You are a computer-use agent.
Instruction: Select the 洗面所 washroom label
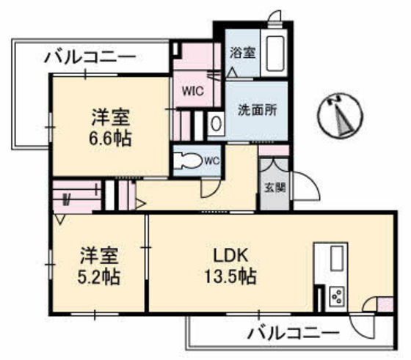pyautogui.click(x=257, y=111)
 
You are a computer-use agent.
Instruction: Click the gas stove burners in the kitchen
pyautogui.click(x=338, y=296)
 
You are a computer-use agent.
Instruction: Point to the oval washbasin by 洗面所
pyautogui.click(x=216, y=124)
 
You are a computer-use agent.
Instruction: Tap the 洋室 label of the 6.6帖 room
pyautogui.click(x=112, y=116)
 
